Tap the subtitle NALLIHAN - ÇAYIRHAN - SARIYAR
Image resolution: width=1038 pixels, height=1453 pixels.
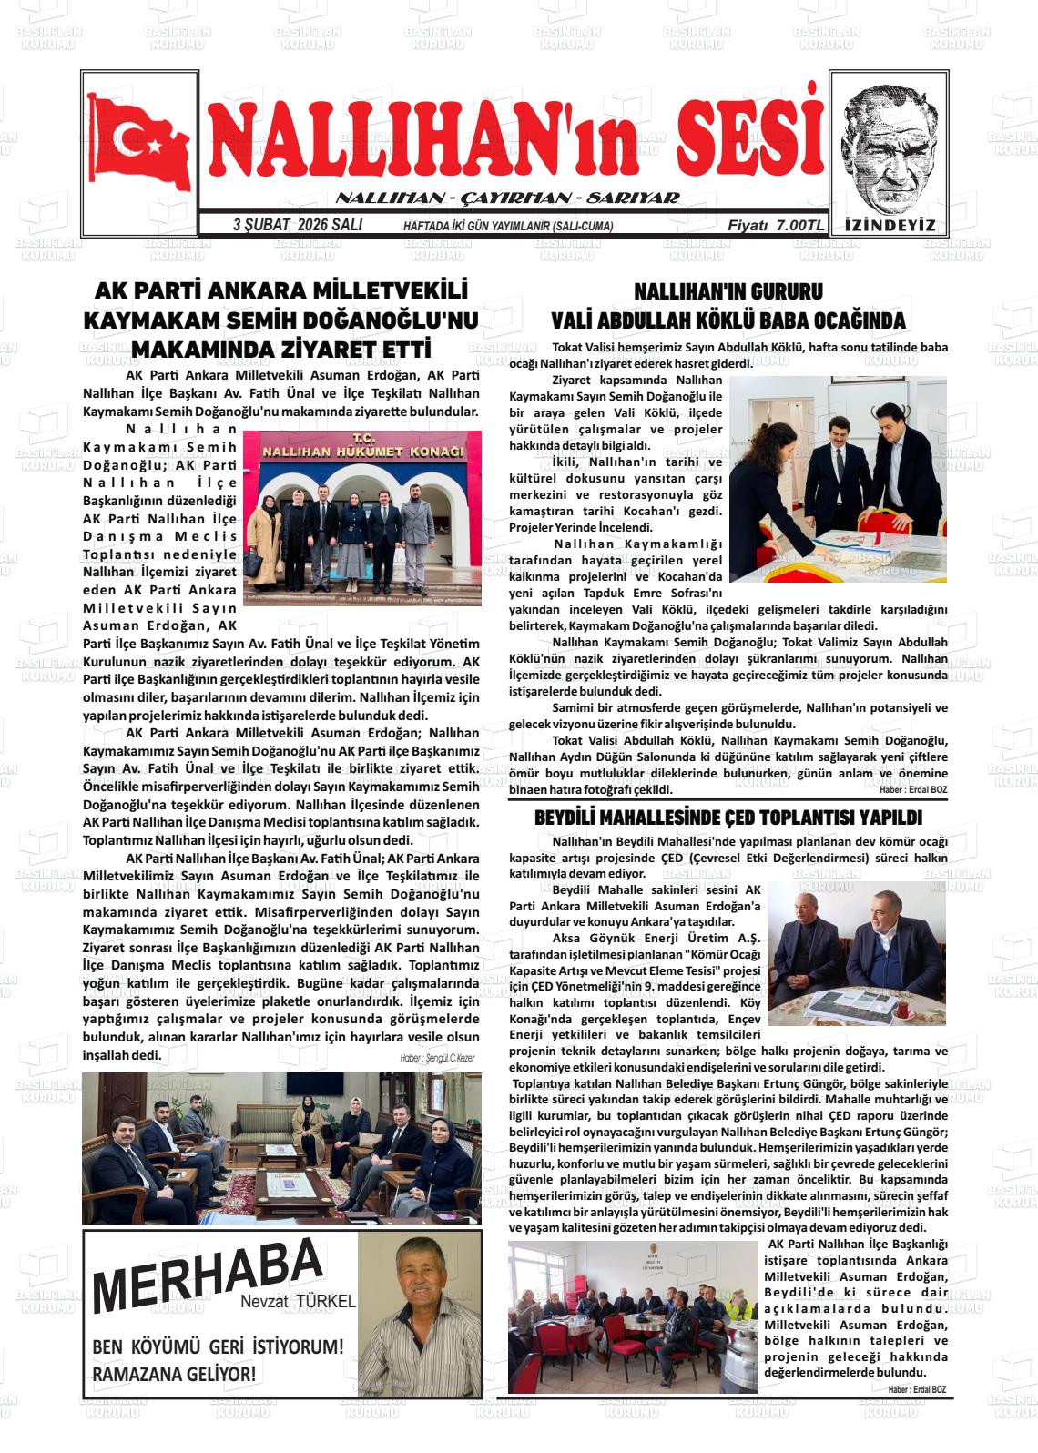[507, 198]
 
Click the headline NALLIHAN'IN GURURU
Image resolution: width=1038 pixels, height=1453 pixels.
[728, 291]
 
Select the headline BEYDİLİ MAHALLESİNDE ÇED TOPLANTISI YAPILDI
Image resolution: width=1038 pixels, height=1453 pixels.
[728, 818]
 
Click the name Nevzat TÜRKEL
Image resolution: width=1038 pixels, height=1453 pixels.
[298, 1302]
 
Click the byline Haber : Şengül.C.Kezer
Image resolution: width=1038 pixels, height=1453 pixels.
[437, 1058]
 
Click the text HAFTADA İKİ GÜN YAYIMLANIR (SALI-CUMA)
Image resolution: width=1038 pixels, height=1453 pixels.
[508, 227]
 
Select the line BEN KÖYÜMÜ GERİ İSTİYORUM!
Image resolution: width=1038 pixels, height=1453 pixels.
[219, 1346]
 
